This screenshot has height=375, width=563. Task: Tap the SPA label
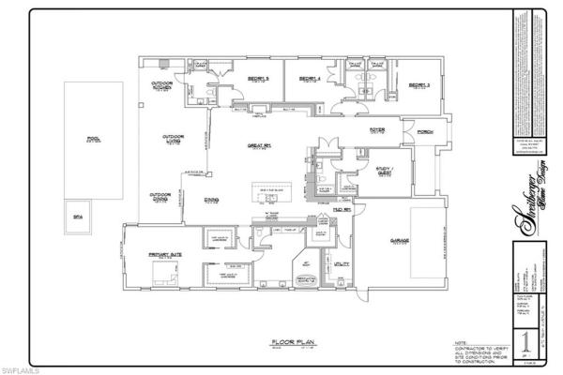pyautogui.click(x=78, y=213)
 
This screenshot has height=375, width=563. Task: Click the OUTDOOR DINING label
pyautogui.click(x=161, y=197)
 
